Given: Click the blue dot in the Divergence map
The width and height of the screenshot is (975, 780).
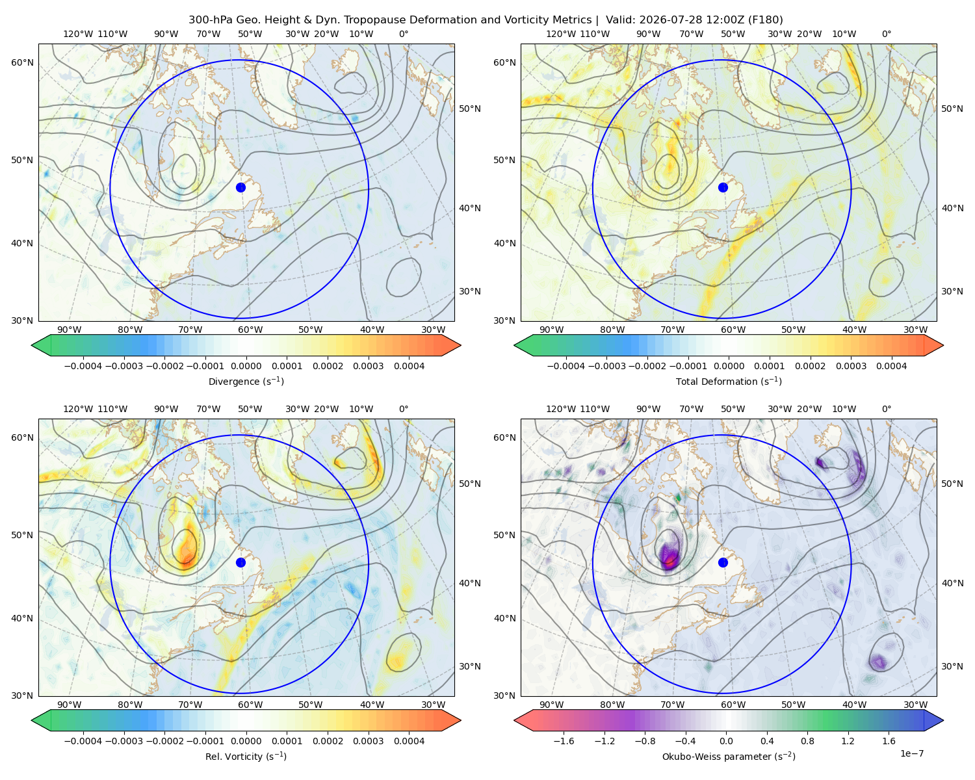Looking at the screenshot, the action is coord(240,187).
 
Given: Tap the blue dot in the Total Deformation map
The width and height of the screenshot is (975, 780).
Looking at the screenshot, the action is coord(723,187).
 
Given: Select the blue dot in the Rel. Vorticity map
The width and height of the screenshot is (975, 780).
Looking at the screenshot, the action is coord(240,562).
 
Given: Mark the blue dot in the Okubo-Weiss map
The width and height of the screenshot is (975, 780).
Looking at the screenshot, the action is coord(723,562).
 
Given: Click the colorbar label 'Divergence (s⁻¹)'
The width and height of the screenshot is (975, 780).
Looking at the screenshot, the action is coord(246,381).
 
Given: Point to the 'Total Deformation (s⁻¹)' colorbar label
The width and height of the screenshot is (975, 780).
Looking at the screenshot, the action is coord(729,381).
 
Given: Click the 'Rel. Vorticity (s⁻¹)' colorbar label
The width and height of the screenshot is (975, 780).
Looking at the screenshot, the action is coord(246,756).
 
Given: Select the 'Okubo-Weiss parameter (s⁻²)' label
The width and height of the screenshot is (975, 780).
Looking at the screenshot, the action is coord(729,756).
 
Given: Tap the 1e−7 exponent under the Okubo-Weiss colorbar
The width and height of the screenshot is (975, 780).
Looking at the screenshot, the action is coord(911,753).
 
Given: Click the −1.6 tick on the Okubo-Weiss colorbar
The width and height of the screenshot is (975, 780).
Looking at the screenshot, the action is coord(564,740).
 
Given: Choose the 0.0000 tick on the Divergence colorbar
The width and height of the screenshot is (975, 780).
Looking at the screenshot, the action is coord(246,366).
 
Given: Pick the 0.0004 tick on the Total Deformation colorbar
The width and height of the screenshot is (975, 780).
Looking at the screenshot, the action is coord(891,366).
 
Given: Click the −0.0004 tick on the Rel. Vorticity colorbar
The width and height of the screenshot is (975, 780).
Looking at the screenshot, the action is coord(83,740).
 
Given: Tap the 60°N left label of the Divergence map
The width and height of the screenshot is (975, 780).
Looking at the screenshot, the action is coord(22,62).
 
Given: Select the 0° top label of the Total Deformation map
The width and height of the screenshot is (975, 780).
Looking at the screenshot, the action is coord(886,34).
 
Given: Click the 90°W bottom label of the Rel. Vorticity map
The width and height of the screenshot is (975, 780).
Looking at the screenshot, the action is coord(70,705).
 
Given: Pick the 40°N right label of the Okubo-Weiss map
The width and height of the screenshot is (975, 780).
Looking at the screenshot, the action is coord(952,583).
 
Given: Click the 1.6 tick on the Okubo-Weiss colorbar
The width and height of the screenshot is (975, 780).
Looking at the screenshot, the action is coord(889,740).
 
